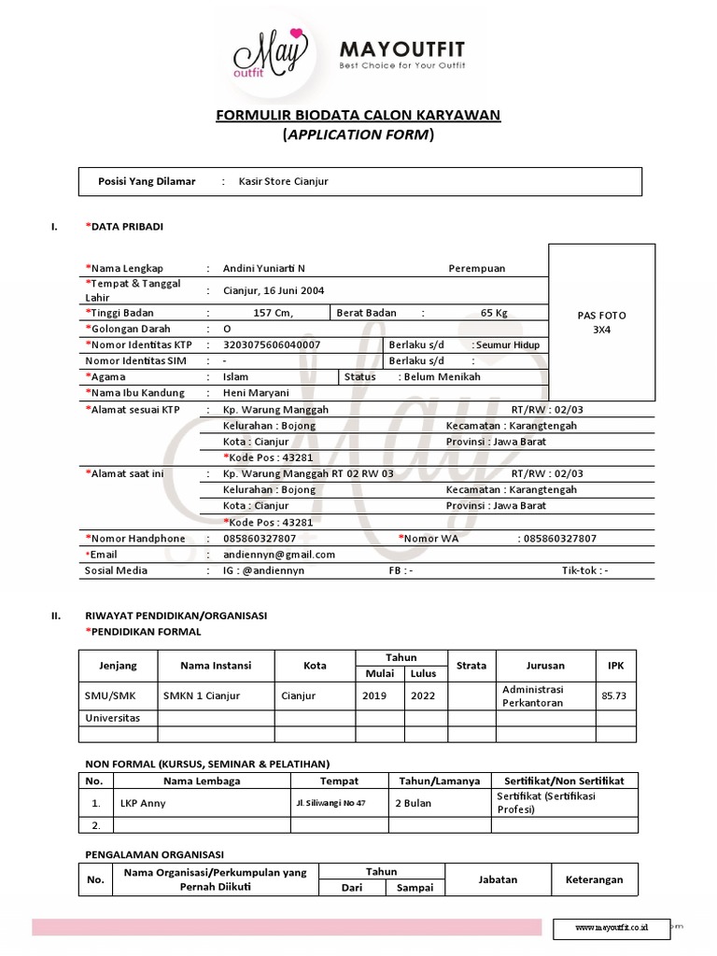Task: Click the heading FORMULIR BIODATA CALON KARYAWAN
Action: click(358, 115)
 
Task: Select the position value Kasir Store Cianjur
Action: click(277, 181)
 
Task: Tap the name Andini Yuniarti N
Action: click(264, 268)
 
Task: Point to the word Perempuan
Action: click(477, 268)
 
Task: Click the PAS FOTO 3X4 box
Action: click(601, 322)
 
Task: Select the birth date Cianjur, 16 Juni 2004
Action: click(274, 290)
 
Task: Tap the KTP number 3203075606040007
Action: click(272, 344)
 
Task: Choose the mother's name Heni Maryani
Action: click(257, 393)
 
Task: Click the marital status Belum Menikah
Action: click(442, 376)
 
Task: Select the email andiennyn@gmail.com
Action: click(279, 554)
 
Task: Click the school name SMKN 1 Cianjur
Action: click(202, 696)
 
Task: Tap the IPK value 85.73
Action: click(614, 696)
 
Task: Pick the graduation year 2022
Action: click(423, 696)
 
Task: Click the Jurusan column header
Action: click(545, 666)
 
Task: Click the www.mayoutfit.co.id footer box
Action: click(612, 928)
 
